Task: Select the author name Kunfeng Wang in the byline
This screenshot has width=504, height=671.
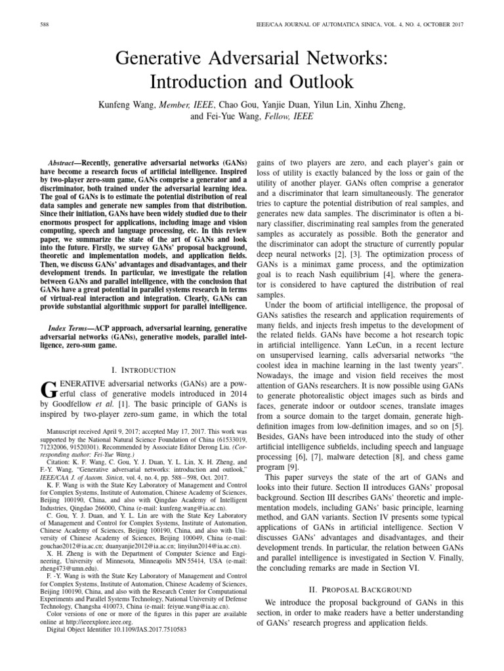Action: coord(125,105)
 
